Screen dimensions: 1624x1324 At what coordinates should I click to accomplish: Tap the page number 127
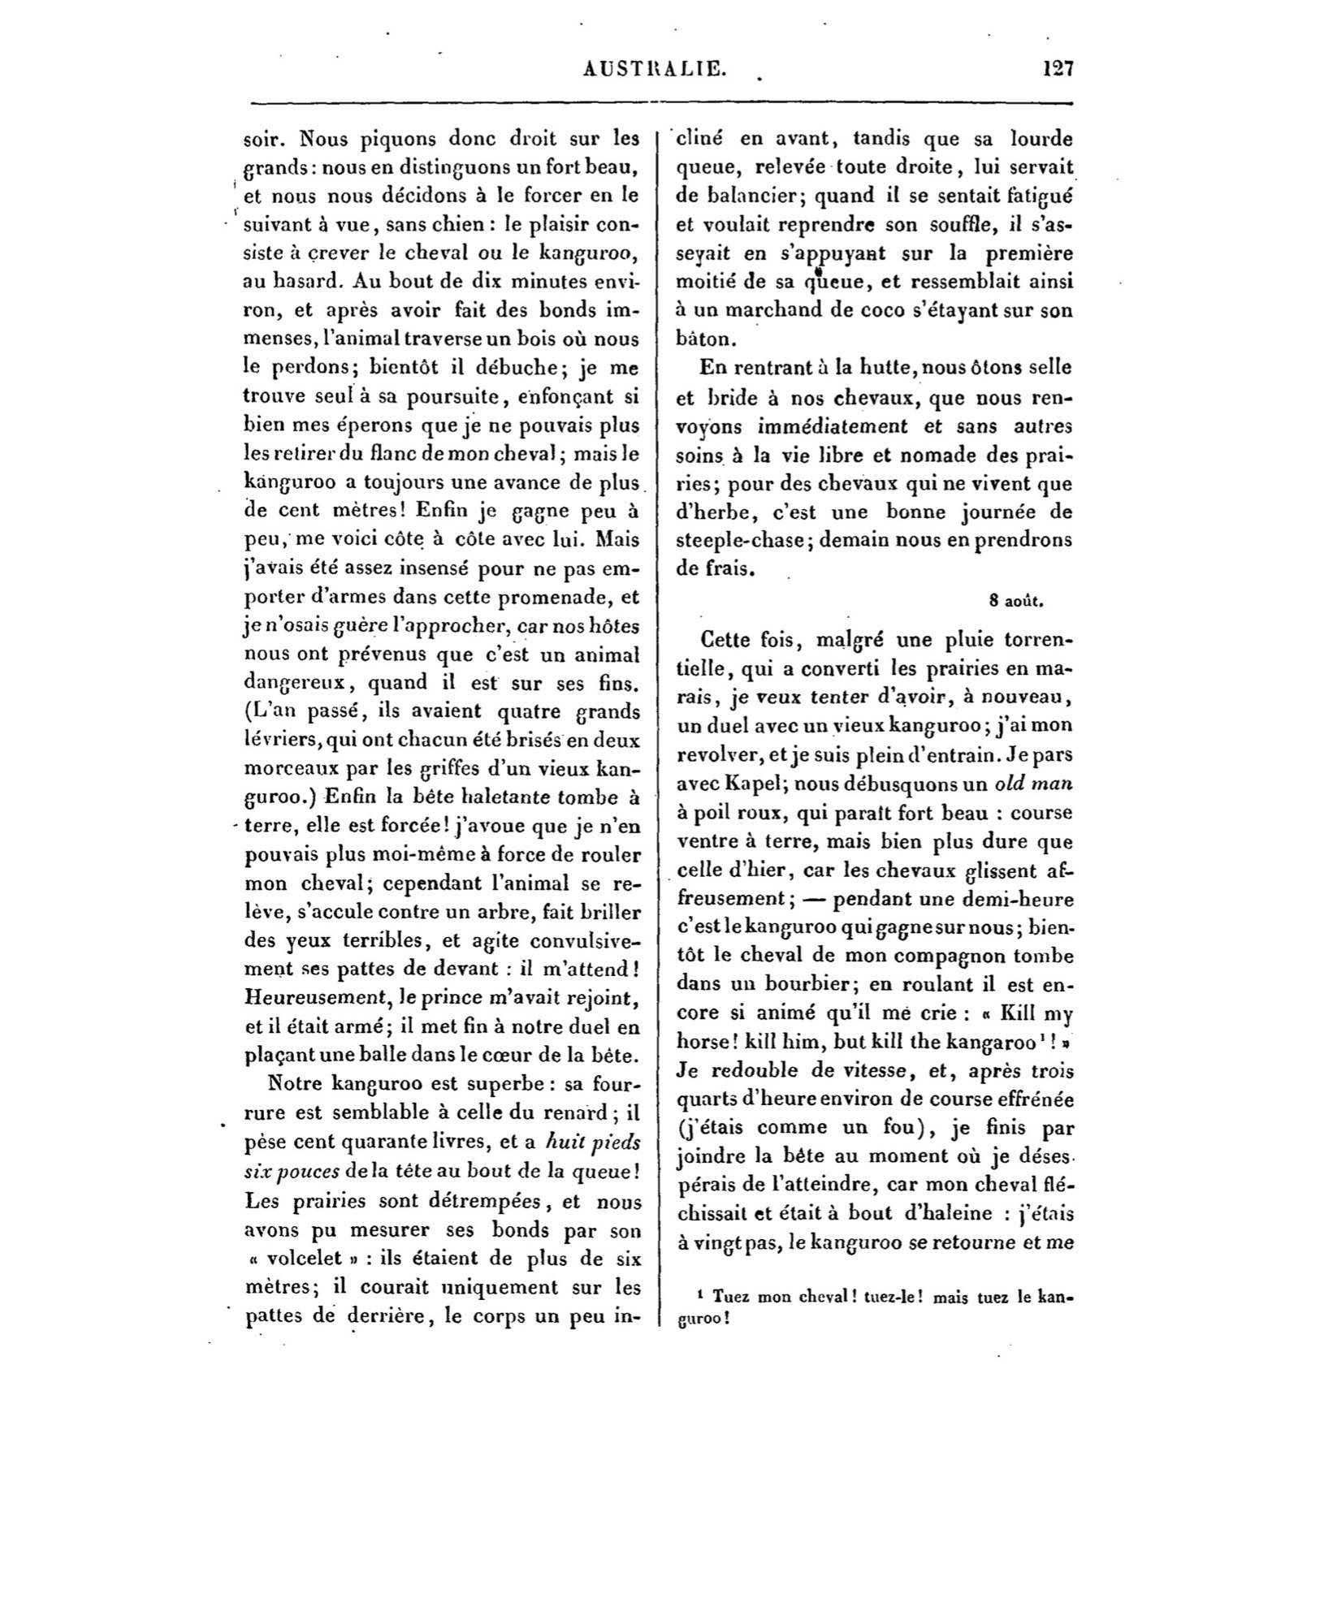tap(1058, 68)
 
